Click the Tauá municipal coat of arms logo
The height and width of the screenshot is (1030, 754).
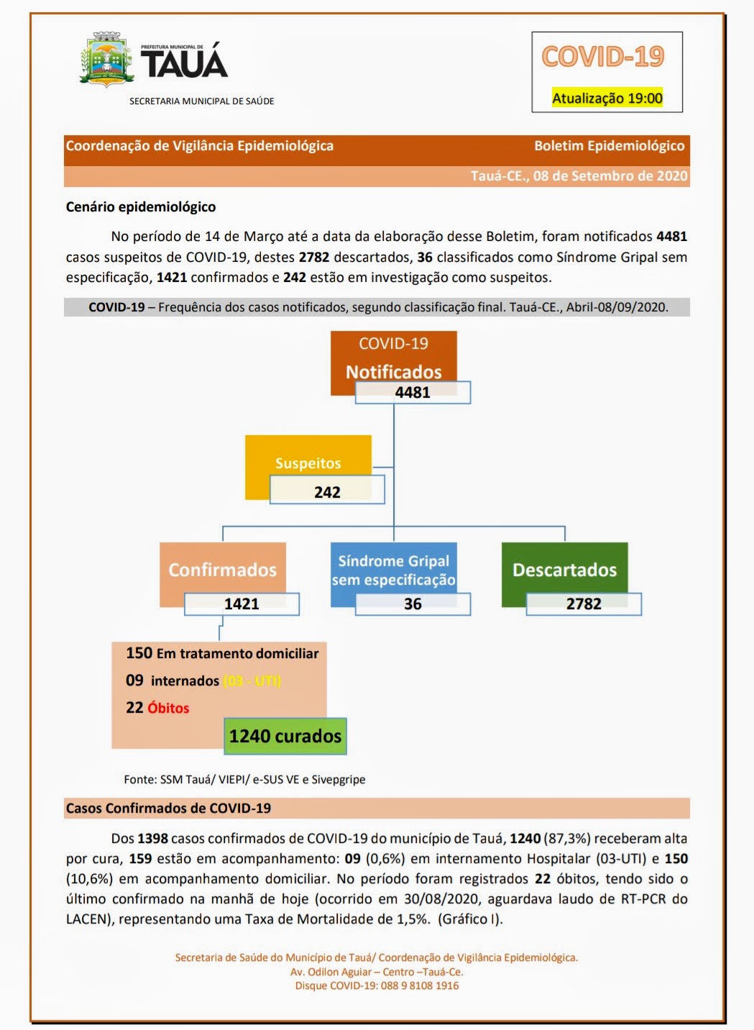click(x=106, y=60)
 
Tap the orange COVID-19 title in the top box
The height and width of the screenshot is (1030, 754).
click(x=602, y=57)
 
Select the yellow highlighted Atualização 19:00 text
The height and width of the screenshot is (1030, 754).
click(x=607, y=99)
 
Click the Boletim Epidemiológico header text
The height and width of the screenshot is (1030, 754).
click(x=609, y=146)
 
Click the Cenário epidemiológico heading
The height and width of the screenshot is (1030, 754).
click(x=141, y=207)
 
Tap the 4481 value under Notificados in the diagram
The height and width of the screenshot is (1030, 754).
click(x=413, y=393)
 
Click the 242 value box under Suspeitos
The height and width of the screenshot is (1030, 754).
click(x=327, y=492)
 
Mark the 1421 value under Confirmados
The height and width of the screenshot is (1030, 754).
click(x=242, y=604)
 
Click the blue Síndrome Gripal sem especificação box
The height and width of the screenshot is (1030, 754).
click(x=393, y=570)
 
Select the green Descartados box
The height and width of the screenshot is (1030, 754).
click(x=564, y=570)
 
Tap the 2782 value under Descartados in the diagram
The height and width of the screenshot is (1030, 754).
click(x=584, y=604)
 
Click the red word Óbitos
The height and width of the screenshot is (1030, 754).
click(x=168, y=708)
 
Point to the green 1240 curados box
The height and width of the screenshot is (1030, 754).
click(x=285, y=736)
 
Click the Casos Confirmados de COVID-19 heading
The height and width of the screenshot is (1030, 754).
click(x=168, y=808)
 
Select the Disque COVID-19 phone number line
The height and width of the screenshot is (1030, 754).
click(x=377, y=985)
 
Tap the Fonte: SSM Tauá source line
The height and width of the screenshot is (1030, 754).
click(x=244, y=780)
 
